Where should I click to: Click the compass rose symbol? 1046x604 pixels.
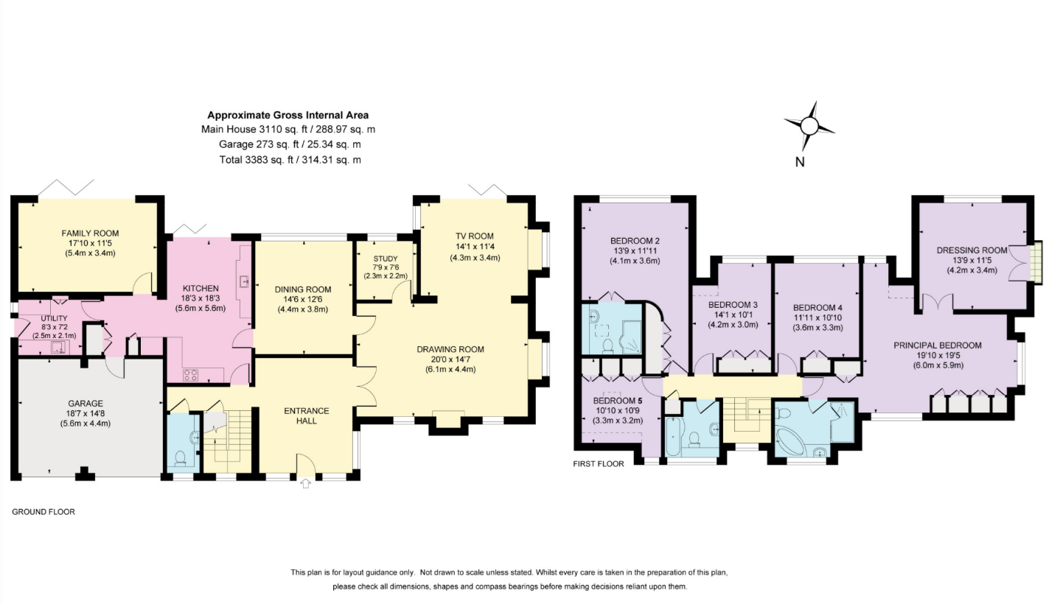click(809, 125)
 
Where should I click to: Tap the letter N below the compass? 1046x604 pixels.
click(800, 162)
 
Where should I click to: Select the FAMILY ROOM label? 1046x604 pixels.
click(90, 233)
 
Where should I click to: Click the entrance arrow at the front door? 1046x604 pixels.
click(305, 484)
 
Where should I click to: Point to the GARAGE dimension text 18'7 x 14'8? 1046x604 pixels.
click(86, 413)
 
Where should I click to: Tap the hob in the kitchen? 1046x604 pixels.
click(191, 375)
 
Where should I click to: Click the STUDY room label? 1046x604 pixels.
click(386, 259)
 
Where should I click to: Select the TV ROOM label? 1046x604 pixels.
click(475, 236)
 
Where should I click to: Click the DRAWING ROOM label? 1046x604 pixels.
click(450, 349)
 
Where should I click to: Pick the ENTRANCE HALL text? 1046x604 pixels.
click(307, 415)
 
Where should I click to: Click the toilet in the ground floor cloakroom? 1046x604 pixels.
click(179, 457)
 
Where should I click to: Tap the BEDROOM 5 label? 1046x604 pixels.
click(618, 401)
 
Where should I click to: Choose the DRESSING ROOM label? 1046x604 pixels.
click(972, 250)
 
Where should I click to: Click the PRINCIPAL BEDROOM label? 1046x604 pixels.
click(938, 345)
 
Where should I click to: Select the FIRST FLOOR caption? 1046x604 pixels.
click(599, 464)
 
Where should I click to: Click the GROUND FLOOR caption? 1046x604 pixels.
click(43, 512)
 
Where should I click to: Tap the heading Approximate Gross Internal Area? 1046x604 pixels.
click(288, 115)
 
